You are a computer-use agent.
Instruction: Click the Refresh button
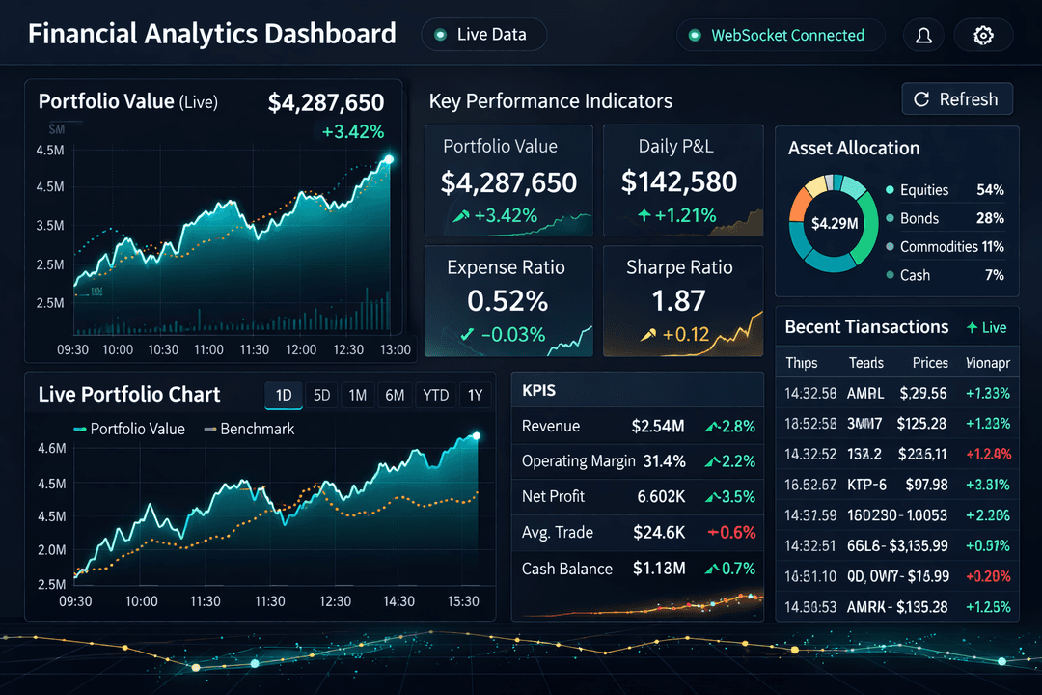click(957, 99)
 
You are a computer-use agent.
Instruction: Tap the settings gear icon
click(983, 36)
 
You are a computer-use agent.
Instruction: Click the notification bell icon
click(923, 36)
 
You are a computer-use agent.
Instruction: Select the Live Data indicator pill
click(483, 35)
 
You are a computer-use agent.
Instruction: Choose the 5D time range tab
click(322, 395)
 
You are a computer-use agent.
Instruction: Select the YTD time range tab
click(435, 395)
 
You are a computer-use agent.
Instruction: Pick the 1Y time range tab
click(475, 395)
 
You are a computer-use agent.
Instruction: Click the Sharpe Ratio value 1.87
click(679, 301)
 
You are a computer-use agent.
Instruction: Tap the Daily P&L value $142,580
click(679, 181)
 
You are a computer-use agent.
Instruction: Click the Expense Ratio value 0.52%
click(507, 301)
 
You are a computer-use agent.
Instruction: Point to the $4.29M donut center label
click(835, 224)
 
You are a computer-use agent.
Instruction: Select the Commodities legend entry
click(938, 246)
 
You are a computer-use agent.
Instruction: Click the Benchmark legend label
click(257, 429)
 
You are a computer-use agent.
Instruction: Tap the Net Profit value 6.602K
click(661, 496)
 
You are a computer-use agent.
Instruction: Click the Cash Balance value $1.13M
click(659, 568)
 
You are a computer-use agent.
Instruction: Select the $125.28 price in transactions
click(921, 423)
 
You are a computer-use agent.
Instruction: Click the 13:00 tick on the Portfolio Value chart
click(395, 349)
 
